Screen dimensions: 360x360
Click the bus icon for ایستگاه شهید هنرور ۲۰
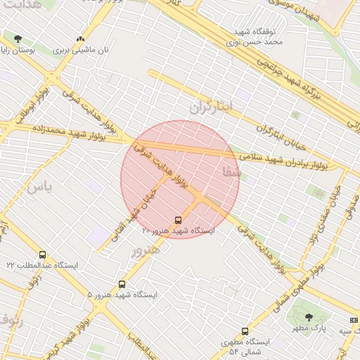pyautogui.click(x=178, y=219)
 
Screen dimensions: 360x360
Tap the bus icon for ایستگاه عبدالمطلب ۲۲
pyautogui.click(x=42, y=255)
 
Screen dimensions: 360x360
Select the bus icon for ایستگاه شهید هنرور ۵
pyautogui.click(x=122, y=285)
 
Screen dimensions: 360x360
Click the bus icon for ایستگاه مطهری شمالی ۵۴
pyautogui.click(x=245, y=331)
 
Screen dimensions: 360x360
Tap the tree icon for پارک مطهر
pyautogui.click(x=308, y=317)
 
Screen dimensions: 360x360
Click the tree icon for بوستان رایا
pyautogui.click(x=18, y=39)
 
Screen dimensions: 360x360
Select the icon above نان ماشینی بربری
pyautogui.click(x=79, y=39)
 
